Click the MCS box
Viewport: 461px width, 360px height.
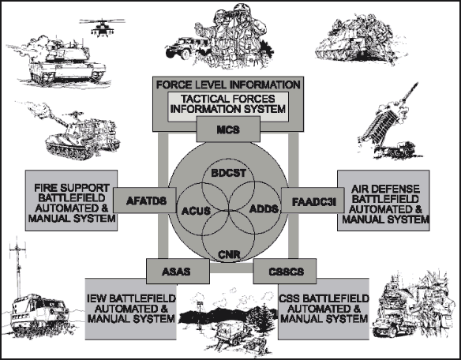coord(228,129)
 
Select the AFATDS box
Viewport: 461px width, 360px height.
coord(145,201)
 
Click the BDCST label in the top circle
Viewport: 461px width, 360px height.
coord(228,173)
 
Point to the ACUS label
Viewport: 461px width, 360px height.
coord(196,211)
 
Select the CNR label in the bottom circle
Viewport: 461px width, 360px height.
coord(229,254)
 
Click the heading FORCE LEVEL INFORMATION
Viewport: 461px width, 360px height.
coord(228,84)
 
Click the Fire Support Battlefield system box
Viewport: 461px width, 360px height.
coord(72,201)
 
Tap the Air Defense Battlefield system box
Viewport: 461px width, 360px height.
coord(384,201)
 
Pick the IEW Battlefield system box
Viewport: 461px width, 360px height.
coord(131,309)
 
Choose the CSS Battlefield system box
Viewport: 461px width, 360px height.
coord(324,309)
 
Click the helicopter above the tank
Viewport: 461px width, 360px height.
coord(102,28)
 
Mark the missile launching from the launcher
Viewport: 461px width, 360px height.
coord(409,92)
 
